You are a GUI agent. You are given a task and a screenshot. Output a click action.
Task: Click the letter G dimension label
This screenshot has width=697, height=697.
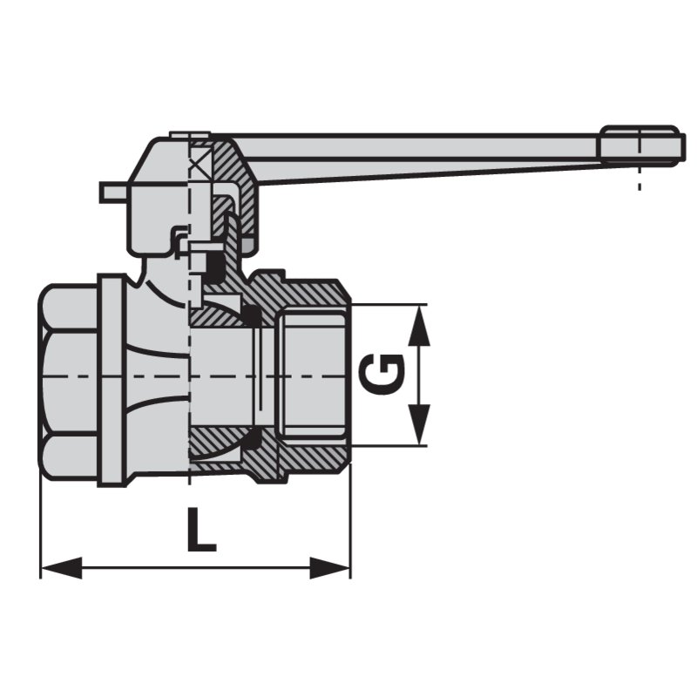coord(383,374)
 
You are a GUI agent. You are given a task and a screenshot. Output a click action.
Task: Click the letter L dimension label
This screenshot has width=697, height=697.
coord(200,530)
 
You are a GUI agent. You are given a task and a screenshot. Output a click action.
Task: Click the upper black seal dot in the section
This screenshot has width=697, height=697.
coord(251,315)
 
